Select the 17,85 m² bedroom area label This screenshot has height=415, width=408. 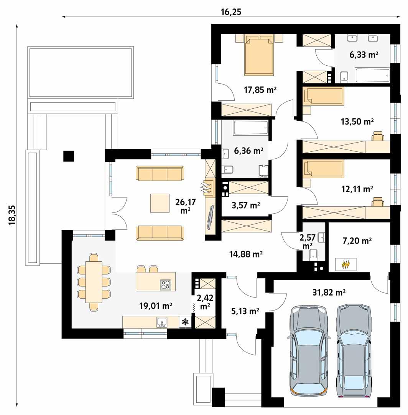pos(260,90)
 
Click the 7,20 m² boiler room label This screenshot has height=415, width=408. pos(356,241)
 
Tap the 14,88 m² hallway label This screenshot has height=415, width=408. pos(246,254)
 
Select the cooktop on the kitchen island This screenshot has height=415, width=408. pos(166,285)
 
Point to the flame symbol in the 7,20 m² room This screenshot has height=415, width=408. pos(345,264)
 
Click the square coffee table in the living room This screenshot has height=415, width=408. pos(160,203)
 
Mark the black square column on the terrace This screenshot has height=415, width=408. pos(69,156)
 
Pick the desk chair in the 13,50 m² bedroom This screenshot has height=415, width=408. pos(378,136)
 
